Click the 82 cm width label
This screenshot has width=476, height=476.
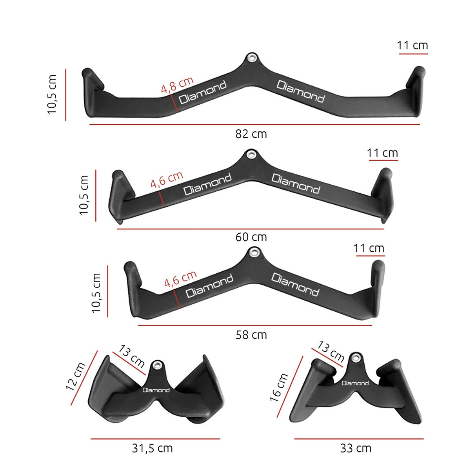(x=251, y=134)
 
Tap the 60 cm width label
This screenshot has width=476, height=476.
(x=251, y=237)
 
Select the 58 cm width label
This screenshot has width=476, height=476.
(x=251, y=335)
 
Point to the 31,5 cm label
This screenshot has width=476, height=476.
(x=152, y=448)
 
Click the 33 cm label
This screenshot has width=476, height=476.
(x=356, y=448)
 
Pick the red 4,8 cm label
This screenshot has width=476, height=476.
(x=177, y=85)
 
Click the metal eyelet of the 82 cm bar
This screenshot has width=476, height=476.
(x=251, y=58)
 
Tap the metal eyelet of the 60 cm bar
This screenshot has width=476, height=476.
(x=250, y=154)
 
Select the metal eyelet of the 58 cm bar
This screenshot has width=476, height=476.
(x=254, y=252)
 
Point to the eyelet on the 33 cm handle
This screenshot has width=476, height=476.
(x=355, y=357)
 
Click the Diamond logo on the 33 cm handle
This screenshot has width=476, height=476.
(x=355, y=383)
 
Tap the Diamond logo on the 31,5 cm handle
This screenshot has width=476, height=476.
(x=156, y=390)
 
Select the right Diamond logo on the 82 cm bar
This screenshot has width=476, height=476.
(x=301, y=91)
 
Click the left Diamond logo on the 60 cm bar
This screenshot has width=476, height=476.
(x=208, y=184)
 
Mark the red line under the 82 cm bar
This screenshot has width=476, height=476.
(x=254, y=125)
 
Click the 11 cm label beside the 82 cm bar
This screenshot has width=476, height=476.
(x=412, y=45)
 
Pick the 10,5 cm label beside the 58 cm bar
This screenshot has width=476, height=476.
(x=96, y=293)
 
